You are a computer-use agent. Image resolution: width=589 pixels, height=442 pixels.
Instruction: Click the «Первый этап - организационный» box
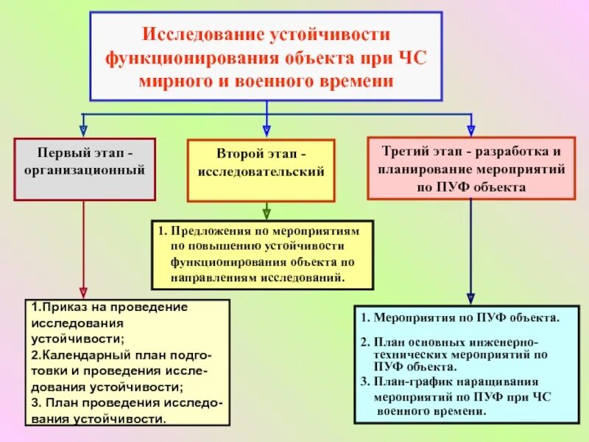click(x=85, y=169)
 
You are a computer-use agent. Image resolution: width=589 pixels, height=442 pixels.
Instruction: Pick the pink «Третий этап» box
click(x=471, y=168)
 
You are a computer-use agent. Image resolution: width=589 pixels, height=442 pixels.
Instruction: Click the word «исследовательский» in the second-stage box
click(x=261, y=172)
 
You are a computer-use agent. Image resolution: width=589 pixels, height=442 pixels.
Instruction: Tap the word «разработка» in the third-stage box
click(x=506, y=151)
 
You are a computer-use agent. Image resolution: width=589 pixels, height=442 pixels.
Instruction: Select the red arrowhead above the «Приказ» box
click(x=83, y=292)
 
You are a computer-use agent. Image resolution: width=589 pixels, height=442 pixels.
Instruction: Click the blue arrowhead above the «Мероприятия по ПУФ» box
click(x=471, y=298)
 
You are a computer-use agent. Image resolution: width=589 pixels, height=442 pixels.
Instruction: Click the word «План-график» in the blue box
click(x=408, y=382)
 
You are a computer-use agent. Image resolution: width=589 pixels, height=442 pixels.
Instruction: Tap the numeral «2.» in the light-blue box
click(x=365, y=343)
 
